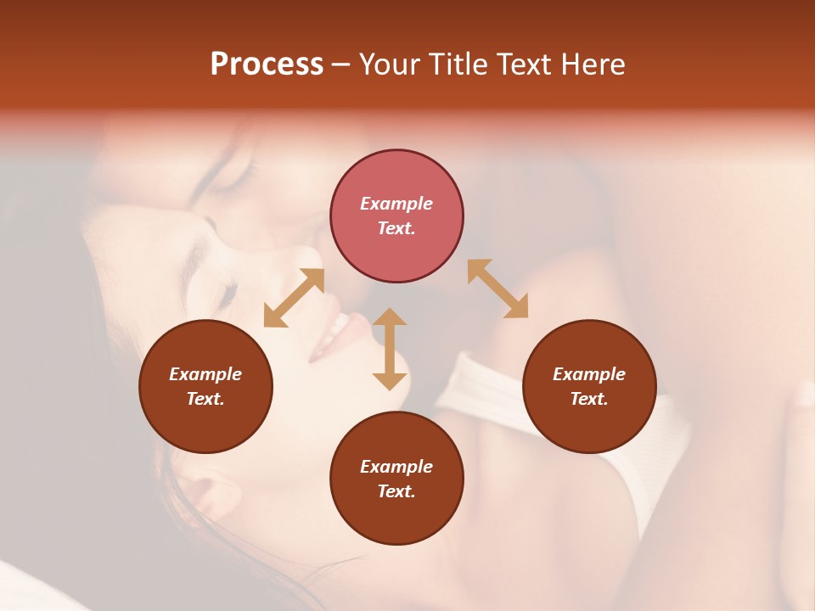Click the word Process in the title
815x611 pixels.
pos(267,64)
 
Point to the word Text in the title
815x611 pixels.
pos(529,64)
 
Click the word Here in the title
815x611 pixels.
pos(594,64)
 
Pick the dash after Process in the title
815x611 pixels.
pos(341,65)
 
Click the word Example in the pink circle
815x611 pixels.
pos(396,204)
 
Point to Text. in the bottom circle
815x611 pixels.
pos(396,491)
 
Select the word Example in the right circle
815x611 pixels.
pos(589,374)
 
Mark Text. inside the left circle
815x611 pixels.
pos(205,399)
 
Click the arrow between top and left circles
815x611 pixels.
pos(294,298)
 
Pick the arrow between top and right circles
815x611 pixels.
pos(498,289)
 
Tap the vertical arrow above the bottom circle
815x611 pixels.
pos(390,349)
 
